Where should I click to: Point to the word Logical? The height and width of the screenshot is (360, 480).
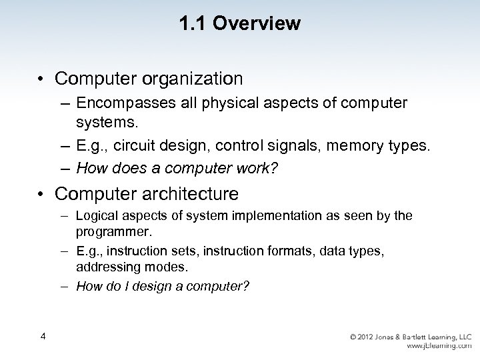[x=97, y=216]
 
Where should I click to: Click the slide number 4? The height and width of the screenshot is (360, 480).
[x=43, y=336]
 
